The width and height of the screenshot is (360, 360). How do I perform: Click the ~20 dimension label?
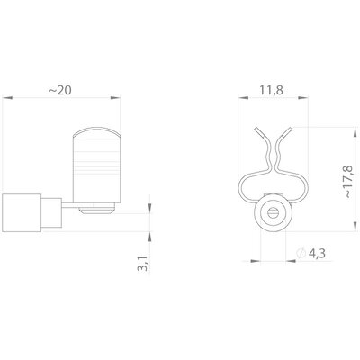pos(60,90)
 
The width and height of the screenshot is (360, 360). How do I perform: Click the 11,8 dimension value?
pos(272,90)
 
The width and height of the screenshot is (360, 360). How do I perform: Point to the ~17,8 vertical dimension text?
pos(349,181)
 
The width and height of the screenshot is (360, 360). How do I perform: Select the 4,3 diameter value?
pos(317,254)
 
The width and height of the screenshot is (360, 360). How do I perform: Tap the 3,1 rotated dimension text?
pos(143,264)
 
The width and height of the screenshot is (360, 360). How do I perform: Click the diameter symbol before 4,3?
pos(301,254)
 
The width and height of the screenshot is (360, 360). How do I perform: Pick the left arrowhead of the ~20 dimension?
pos(7,97)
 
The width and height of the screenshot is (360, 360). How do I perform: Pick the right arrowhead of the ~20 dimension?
pos(115,97)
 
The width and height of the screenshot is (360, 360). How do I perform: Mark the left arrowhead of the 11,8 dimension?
pos(243,97)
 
